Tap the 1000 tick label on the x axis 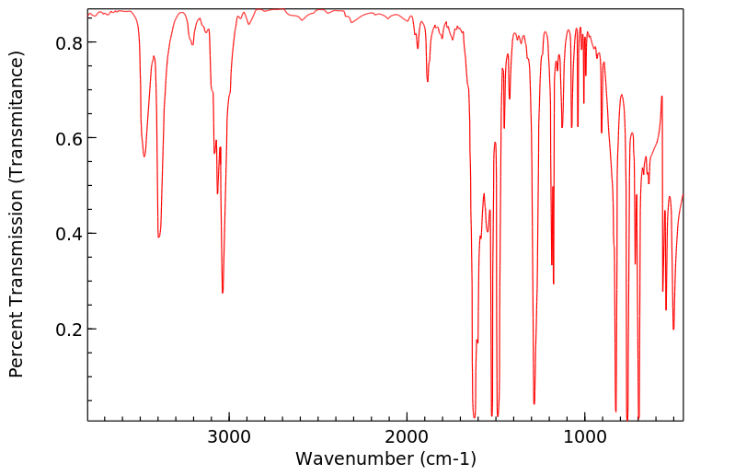pyautogui.click(x=584, y=435)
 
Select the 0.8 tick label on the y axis pyautogui.click(x=69, y=43)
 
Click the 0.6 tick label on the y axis pyautogui.click(x=69, y=138)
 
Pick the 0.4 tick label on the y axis pyautogui.click(x=69, y=234)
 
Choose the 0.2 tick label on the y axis pyautogui.click(x=69, y=330)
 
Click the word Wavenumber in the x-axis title pyautogui.click(x=355, y=458)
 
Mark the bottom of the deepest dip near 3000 pyautogui.click(x=223, y=293)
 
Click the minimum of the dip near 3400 pyautogui.click(x=159, y=237)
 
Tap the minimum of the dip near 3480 pyautogui.click(x=144, y=156)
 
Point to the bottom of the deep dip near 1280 pyautogui.click(x=534, y=403)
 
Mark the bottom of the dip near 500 pyautogui.click(x=673, y=329)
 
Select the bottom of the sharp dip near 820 pyautogui.click(x=615, y=411)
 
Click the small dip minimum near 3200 pyautogui.click(x=192, y=44)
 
